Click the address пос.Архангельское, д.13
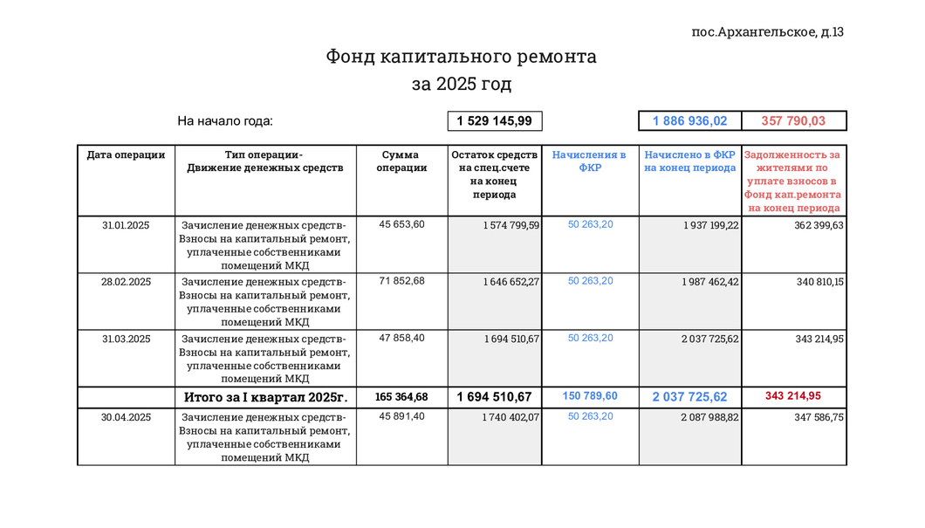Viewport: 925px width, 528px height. tap(767, 32)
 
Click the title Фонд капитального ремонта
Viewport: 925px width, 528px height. tap(462, 57)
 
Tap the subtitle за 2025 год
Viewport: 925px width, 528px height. tap(462, 84)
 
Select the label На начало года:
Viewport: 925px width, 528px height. tap(225, 121)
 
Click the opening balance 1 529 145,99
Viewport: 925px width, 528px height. tap(494, 121)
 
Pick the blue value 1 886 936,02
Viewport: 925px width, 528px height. tap(689, 121)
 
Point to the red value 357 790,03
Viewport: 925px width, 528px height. tap(793, 121)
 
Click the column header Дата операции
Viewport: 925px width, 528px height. tap(126, 155)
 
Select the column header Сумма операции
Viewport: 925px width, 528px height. tap(401, 161)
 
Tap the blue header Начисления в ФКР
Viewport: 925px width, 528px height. tap(589, 161)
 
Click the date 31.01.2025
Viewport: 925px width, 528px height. tap(126, 225)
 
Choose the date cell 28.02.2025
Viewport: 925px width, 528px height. tap(126, 282)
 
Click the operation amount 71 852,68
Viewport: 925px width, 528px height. tap(401, 281)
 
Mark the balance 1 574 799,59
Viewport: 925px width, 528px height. tap(510, 225)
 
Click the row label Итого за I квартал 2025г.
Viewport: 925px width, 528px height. tap(265, 397)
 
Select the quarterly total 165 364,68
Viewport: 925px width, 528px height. tap(401, 397)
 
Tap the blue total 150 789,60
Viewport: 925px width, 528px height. tap(590, 396)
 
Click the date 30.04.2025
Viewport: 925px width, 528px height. tap(126, 417)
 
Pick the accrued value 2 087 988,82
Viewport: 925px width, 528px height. tap(709, 417)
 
